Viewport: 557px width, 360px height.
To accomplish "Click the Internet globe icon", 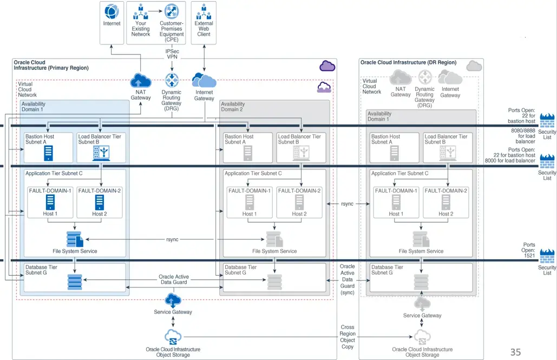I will [x=112, y=11].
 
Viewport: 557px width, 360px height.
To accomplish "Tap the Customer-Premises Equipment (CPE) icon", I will [x=172, y=11].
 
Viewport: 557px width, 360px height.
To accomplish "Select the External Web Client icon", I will [x=204, y=11].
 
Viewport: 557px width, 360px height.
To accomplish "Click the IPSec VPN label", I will [x=172, y=54].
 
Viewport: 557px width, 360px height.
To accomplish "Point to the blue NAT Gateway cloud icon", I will [x=141, y=82].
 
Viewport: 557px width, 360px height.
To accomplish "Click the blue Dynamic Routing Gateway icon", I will [x=172, y=81].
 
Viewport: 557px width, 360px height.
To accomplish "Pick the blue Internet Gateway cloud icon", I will [x=204, y=81].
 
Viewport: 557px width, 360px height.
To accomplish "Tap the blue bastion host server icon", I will [x=49, y=154].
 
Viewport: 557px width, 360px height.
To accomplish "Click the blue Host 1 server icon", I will [x=50, y=202].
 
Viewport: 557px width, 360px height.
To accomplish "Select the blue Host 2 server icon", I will [x=99, y=202].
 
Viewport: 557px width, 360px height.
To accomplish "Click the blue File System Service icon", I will [x=74, y=239].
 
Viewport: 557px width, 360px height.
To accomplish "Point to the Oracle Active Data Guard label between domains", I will [x=174, y=279].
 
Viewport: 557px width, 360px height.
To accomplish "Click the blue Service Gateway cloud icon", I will [x=172, y=299].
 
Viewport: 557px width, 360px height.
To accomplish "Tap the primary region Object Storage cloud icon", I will [x=173, y=337].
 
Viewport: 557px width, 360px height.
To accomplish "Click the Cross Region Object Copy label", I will [x=348, y=337].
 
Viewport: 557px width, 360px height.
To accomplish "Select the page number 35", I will [x=515, y=352].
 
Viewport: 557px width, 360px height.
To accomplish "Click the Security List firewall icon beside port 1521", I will [x=547, y=256].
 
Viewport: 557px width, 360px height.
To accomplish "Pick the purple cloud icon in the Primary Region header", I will [x=327, y=66].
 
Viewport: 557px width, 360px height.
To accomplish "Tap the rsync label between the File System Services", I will [x=172, y=239].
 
